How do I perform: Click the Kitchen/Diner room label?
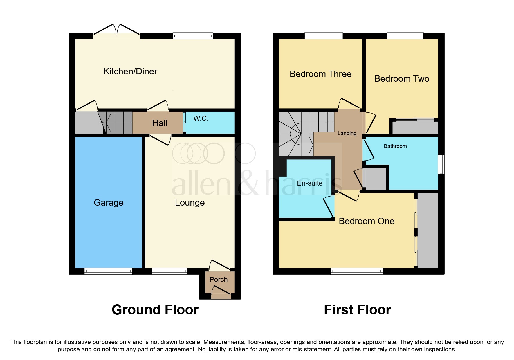[x=130, y=71]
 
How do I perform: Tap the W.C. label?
[x=201, y=118]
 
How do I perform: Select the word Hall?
[x=160, y=123]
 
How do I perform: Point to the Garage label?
[x=109, y=203]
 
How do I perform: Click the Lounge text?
[x=190, y=203]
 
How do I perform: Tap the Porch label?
[x=219, y=280]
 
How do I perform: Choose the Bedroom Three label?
[x=320, y=74]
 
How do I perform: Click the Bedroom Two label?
[x=402, y=79]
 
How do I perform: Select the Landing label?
[x=347, y=133]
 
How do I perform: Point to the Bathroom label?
[x=395, y=146]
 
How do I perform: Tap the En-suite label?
[x=310, y=183]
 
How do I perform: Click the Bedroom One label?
[x=367, y=221]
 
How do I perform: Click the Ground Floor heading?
[x=155, y=310]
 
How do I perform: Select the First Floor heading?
[x=357, y=310]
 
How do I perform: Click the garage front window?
[x=108, y=271]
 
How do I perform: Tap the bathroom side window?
[x=441, y=164]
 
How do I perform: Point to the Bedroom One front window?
[x=356, y=271]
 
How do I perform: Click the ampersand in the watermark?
[x=248, y=183]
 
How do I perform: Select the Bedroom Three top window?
[x=324, y=36]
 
